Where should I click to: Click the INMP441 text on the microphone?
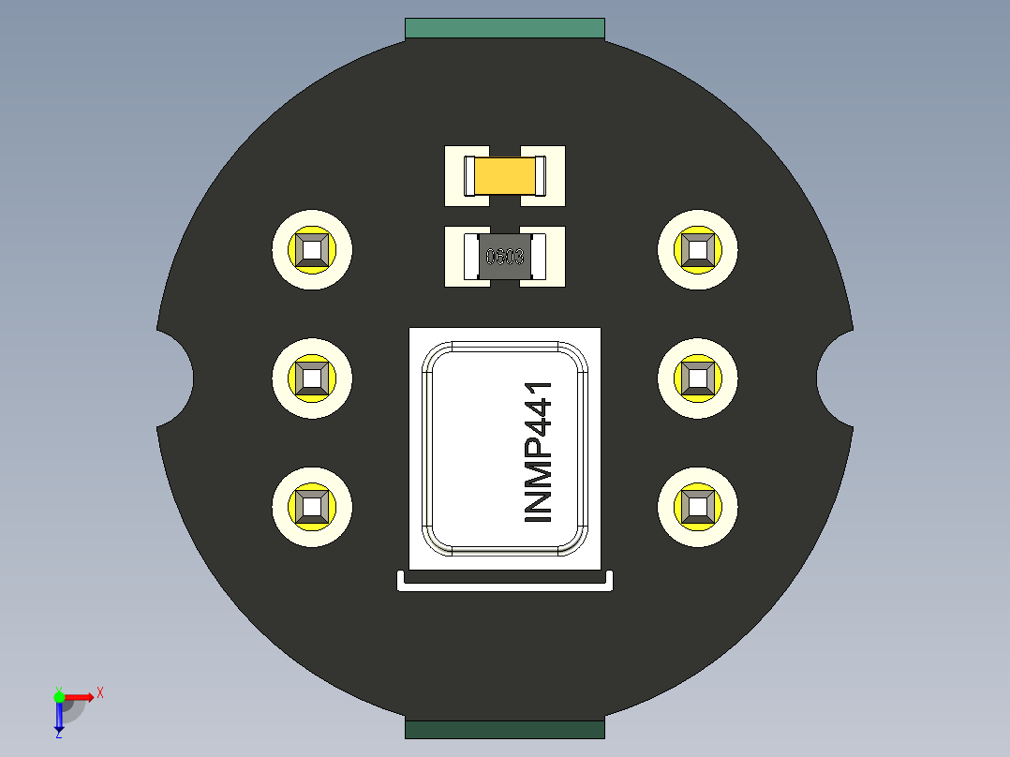(x=539, y=452)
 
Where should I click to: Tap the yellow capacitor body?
(x=505, y=175)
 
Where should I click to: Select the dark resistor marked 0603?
(x=505, y=257)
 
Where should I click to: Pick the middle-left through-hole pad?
(x=312, y=378)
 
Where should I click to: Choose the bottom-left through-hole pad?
(x=312, y=507)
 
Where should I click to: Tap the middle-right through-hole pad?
(x=698, y=378)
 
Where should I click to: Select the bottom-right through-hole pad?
(x=698, y=507)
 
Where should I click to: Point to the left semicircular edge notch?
(x=176, y=378)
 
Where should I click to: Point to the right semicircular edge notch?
(x=834, y=378)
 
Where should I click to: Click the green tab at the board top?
(x=505, y=28)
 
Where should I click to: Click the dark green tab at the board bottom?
(x=505, y=729)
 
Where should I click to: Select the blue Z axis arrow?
(x=59, y=717)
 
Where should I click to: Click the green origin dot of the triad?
(x=59, y=696)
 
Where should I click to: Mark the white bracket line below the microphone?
(x=505, y=586)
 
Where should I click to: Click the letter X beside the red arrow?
(x=100, y=692)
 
